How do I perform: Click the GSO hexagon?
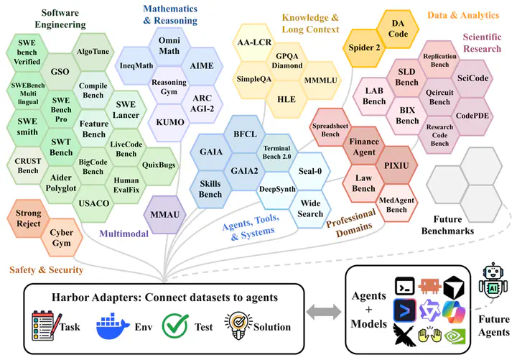pos(60,72)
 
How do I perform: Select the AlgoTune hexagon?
pos(93,52)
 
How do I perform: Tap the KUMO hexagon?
pos(169,122)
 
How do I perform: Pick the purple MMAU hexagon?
pos(165,215)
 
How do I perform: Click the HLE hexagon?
pos(287,99)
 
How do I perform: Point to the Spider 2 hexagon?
pos(364,48)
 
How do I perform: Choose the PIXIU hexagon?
pos(396,165)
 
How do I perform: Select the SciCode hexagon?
pos(472,78)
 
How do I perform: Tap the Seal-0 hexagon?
pos(310,171)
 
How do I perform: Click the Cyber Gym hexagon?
pos(61,238)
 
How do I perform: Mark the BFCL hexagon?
pos(245,134)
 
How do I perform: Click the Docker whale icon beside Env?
pos(112,326)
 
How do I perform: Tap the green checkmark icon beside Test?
pos(175,326)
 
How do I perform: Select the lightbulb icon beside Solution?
pos(238,326)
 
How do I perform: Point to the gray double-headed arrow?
pos(324,312)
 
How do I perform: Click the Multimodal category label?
pos(124,234)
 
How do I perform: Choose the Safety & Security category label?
pos(47,270)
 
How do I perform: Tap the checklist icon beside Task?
pos(46,326)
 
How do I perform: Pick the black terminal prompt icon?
pos(404,286)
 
